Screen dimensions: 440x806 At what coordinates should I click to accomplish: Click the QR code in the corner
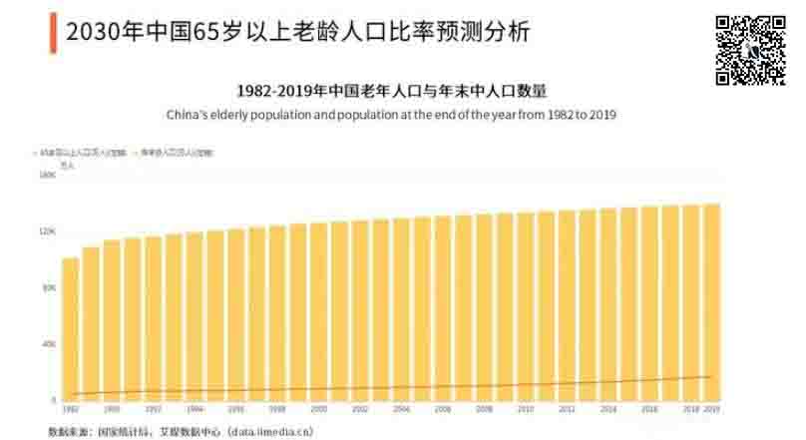[x=750, y=51]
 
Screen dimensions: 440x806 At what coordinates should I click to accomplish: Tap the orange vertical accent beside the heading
[x=52, y=32]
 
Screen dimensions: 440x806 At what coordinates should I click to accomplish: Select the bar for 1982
[x=70, y=329]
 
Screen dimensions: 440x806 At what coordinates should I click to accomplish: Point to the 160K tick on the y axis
[x=47, y=176]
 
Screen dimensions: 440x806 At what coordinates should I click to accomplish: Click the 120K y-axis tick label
[x=47, y=231]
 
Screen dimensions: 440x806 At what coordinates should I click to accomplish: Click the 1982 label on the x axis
[x=70, y=409]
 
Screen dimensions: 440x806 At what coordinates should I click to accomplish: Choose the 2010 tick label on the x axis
[x=526, y=409]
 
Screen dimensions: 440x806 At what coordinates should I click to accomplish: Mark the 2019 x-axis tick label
[x=712, y=409]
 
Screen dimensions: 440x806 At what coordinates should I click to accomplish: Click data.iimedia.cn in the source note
[x=270, y=432]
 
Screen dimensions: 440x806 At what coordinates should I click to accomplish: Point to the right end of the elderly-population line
[x=712, y=376]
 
